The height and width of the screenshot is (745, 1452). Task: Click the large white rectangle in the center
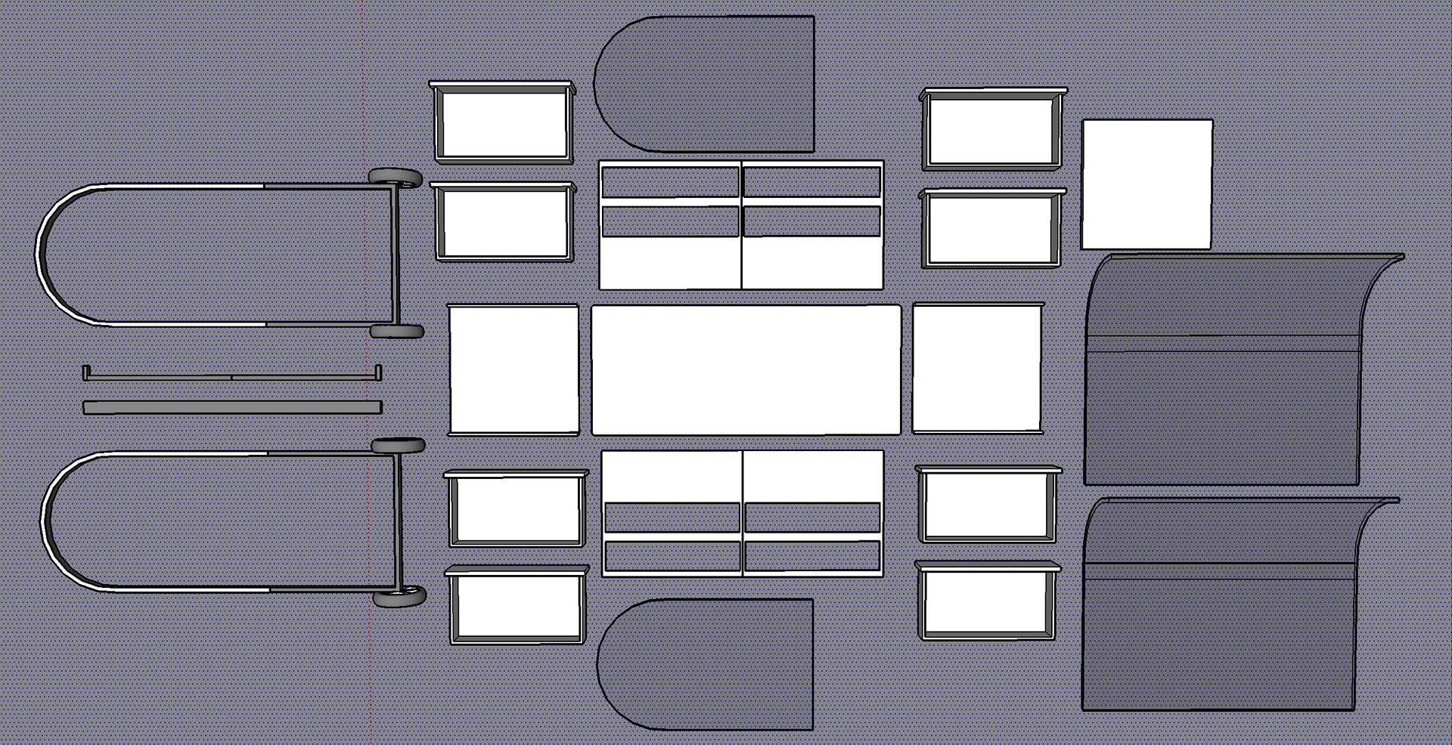(x=746, y=369)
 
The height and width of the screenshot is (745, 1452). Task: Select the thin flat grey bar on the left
(x=232, y=408)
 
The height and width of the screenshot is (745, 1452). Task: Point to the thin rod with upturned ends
(x=232, y=376)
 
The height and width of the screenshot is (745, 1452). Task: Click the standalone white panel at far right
(x=1146, y=184)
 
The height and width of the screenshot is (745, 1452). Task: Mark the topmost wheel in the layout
(x=396, y=178)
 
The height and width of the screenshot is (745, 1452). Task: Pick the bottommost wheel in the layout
(x=399, y=598)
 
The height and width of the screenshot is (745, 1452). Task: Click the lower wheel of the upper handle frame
(x=397, y=331)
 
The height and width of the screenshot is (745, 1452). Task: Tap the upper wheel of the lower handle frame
(x=398, y=446)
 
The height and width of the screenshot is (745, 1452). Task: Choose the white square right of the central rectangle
(x=977, y=368)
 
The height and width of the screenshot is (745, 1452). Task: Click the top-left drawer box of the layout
(x=503, y=122)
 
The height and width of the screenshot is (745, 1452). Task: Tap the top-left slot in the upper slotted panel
(x=669, y=182)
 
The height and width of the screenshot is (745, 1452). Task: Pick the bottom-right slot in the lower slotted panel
(x=812, y=556)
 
